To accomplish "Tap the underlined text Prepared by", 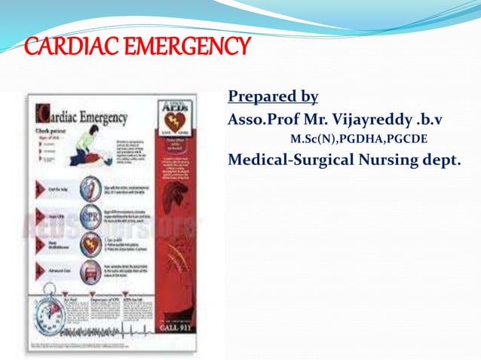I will (272, 97).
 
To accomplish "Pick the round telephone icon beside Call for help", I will (90, 188).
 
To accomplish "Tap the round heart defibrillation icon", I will (90, 246).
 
